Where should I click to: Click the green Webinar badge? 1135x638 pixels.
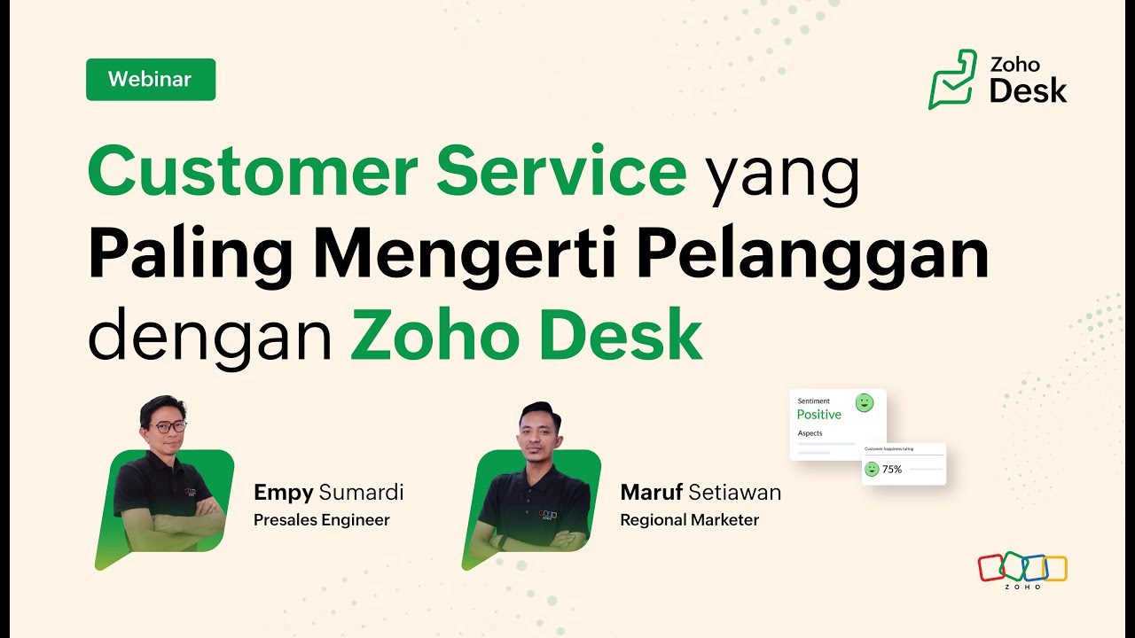point(151,80)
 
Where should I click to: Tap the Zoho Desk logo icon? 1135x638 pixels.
point(952,79)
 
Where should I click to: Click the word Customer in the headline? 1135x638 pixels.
point(253,170)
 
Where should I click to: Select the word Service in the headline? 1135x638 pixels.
point(561,170)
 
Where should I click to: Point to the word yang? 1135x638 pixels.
point(783,177)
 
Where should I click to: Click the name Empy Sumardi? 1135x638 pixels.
point(328,493)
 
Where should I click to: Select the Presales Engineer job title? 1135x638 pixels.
point(322,520)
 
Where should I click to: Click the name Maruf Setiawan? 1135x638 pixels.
point(701,492)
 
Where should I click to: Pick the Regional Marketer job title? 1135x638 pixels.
point(690,520)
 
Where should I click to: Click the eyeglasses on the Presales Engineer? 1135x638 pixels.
point(167,427)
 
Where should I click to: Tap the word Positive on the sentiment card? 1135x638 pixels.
point(818,415)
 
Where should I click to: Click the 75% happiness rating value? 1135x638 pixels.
point(892,470)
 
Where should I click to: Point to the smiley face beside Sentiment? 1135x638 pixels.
point(865,403)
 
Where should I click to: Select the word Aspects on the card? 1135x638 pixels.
point(810,433)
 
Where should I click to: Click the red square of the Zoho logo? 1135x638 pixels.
point(990,568)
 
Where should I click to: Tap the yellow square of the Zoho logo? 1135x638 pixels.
point(1056,569)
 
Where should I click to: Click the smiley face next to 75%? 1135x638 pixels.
point(872,470)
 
